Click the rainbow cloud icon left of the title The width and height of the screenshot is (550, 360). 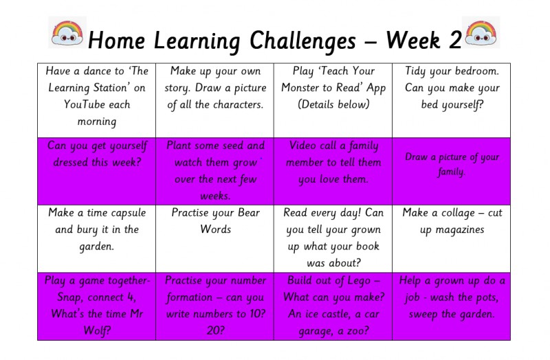tap(67, 32)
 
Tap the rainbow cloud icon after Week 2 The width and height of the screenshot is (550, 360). tap(481, 32)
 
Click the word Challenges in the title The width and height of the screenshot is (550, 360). tap(302, 41)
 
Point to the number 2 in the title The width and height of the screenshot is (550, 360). tap(455, 41)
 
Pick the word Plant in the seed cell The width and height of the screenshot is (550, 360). tap(179, 146)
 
